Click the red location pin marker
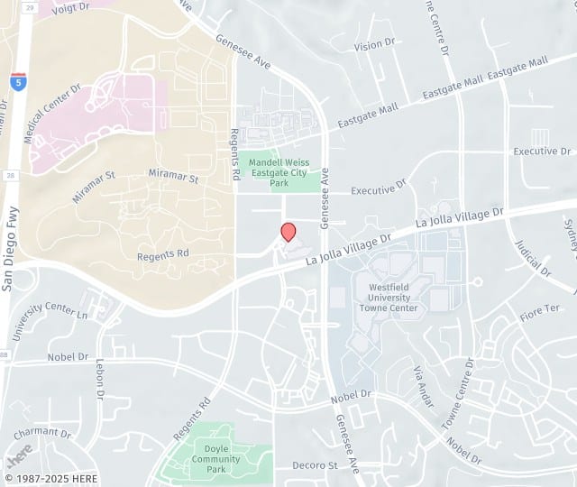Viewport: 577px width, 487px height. (x=288, y=231)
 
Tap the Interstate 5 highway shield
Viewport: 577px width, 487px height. (x=19, y=79)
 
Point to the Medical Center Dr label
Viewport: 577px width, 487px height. (x=52, y=114)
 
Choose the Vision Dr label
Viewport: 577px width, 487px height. (x=375, y=44)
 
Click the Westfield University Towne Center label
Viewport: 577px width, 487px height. (x=389, y=298)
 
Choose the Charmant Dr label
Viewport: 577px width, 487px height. (x=36, y=432)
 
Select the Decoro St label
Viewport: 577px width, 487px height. (x=315, y=465)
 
